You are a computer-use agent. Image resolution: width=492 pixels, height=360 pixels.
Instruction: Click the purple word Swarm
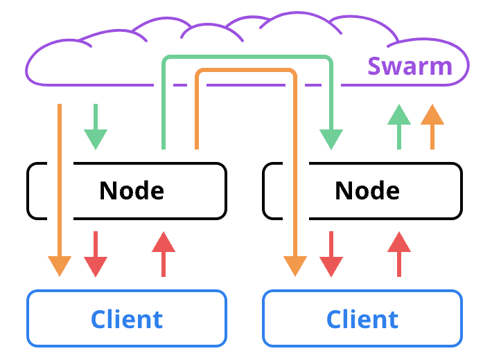point(410,67)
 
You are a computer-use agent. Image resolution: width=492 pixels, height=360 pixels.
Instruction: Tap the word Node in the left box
point(132,190)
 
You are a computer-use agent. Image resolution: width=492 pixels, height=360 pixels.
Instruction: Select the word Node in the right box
point(367,190)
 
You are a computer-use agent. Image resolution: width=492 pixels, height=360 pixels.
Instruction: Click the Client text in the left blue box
point(127,319)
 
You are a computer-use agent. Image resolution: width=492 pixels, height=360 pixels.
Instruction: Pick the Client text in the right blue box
point(362,319)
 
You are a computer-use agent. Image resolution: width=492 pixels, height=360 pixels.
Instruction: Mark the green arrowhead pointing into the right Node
point(331,139)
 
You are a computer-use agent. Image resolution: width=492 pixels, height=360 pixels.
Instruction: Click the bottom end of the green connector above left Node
point(164,145)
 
